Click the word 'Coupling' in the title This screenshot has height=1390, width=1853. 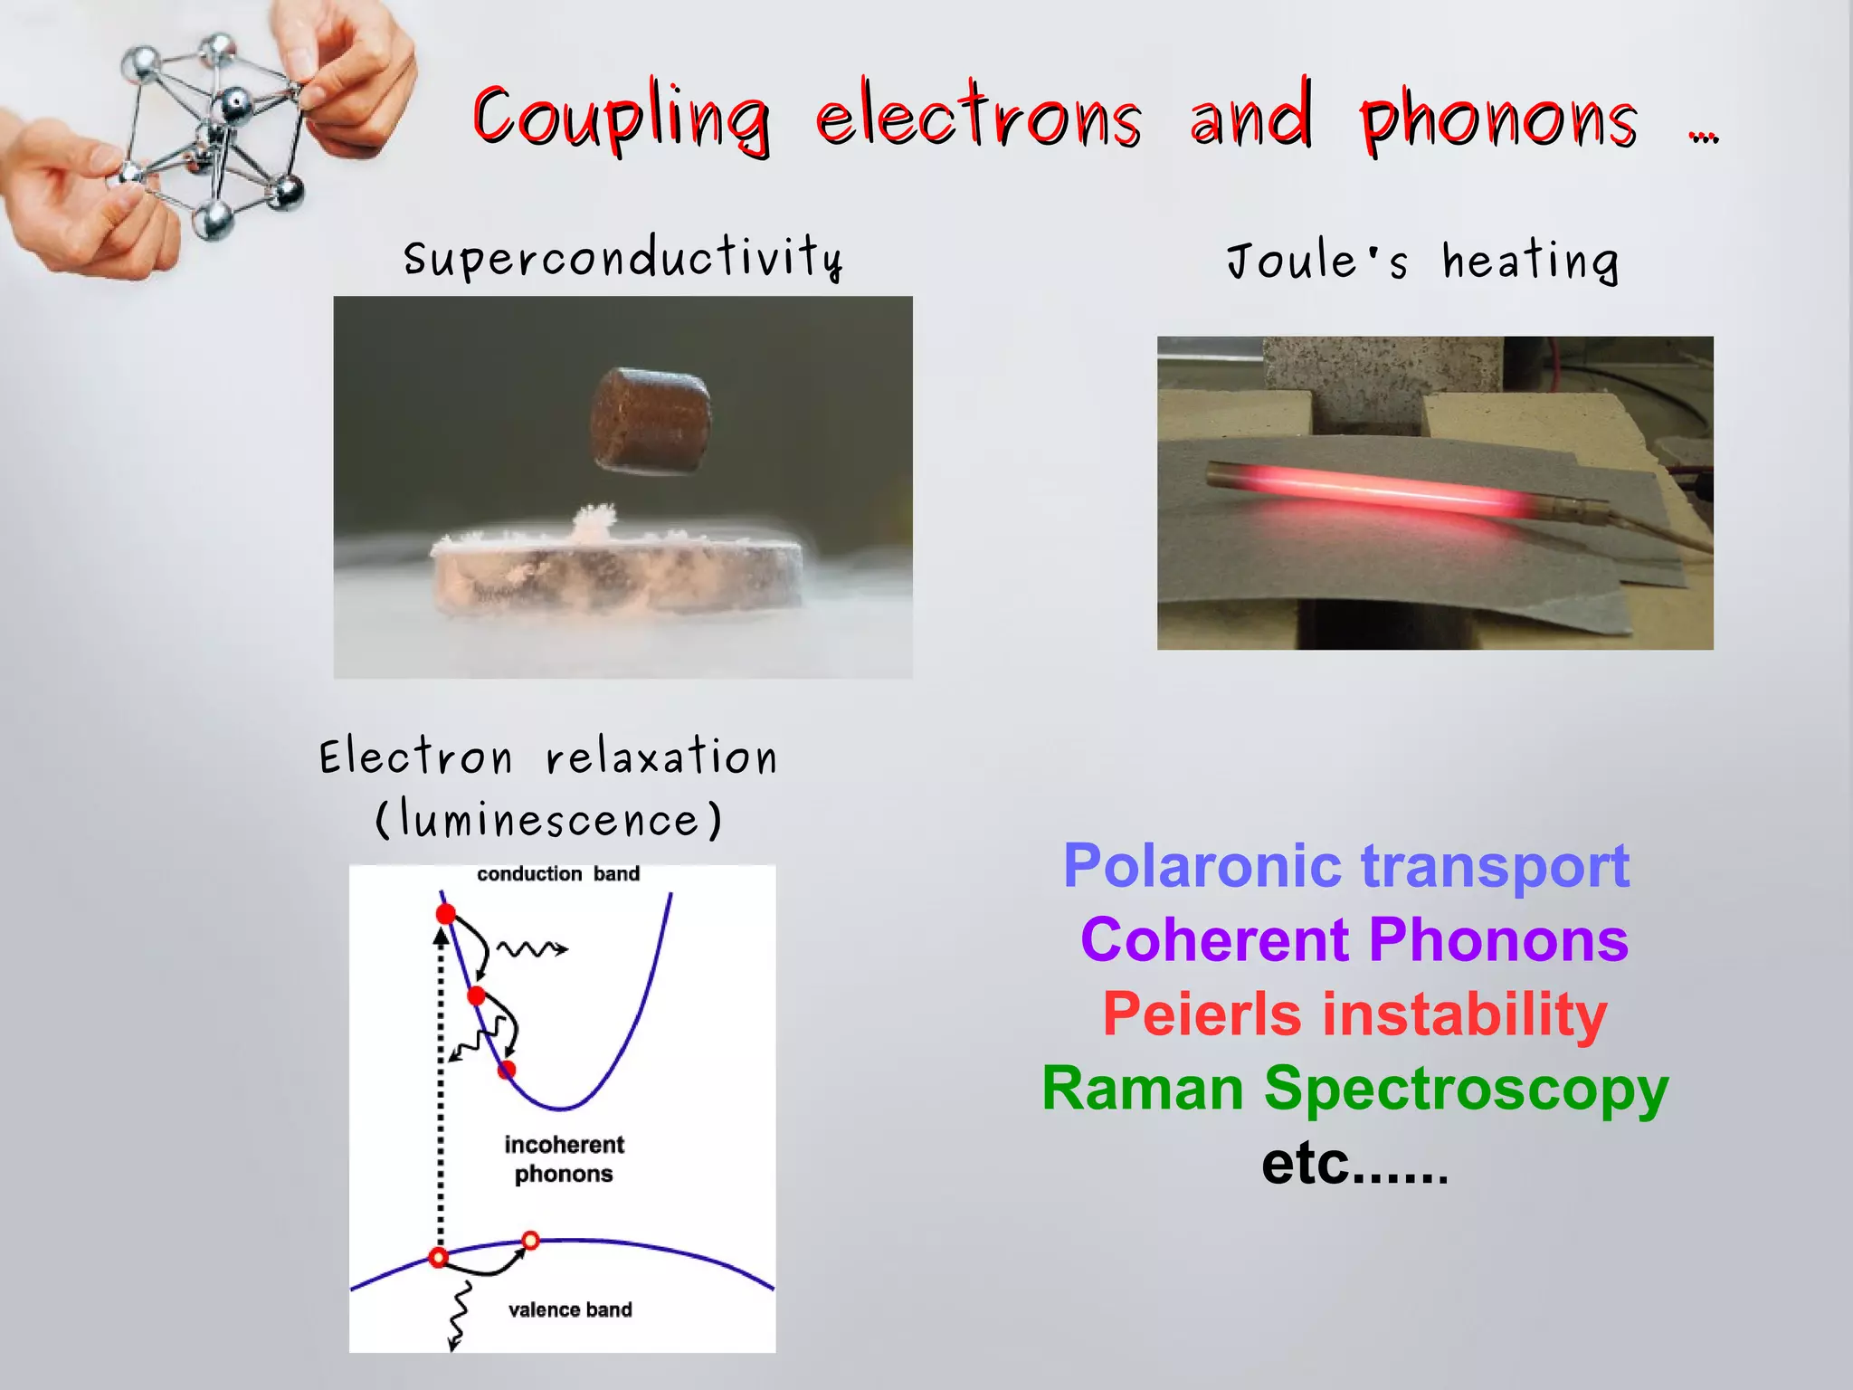tap(622, 119)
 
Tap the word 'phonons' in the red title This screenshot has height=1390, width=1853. tap(1498, 121)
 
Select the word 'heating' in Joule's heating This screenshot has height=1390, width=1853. tap(1530, 262)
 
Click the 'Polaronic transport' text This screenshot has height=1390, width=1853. tap(1346, 866)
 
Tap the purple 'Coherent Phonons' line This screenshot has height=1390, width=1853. tap(1354, 939)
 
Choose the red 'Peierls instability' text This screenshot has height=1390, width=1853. tap(1354, 1014)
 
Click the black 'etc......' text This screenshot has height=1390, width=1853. tap(1354, 1164)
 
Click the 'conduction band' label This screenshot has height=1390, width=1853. tap(558, 874)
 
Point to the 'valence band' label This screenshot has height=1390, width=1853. tap(570, 1309)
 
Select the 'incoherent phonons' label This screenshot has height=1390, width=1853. tap(564, 1159)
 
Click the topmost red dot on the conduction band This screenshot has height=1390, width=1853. tap(445, 914)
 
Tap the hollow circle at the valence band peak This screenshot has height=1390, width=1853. tap(531, 1241)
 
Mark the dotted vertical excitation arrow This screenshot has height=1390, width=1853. tap(441, 1086)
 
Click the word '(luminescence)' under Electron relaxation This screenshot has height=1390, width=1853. tap(548, 820)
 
